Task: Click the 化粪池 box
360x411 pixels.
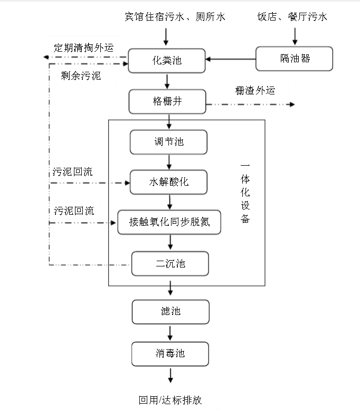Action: point(167,60)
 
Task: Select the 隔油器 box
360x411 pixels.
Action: point(295,59)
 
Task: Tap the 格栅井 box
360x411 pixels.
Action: point(167,101)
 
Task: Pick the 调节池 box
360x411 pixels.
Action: point(168,142)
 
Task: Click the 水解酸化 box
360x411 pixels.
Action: point(168,182)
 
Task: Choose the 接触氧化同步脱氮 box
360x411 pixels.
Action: point(169,222)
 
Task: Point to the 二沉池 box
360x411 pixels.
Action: point(170,263)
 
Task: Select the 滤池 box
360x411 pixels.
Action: point(170,311)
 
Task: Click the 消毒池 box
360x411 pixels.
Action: point(170,354)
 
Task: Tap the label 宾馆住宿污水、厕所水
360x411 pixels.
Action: point(167,17)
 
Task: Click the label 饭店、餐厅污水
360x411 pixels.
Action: point(292,17)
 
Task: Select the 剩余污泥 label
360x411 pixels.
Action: point(81,75)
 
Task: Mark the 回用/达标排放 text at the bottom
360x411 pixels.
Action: point(170,399)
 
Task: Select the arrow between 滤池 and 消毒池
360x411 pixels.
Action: point(170,332)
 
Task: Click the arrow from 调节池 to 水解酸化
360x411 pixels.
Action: point(169,162)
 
